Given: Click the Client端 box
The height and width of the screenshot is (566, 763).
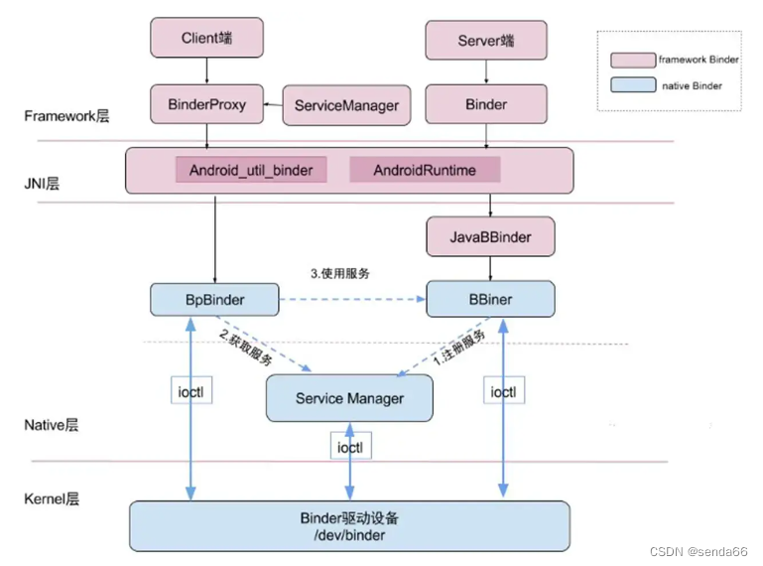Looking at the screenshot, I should (x=207, y=39).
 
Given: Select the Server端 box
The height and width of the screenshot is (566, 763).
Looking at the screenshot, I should (x=486, y=41).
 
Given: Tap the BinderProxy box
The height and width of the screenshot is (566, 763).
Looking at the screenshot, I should (x=207, y=104).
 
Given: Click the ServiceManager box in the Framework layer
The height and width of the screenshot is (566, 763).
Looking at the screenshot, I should (x=347, y=105).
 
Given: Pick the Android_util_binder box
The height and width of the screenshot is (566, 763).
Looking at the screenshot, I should (x=252, y=170).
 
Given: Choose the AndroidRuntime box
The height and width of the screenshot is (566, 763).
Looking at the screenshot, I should (x=425, y=170).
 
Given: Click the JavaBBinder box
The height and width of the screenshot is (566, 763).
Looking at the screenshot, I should (x=490, y=237).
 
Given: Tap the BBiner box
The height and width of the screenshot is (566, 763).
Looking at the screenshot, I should (x=490, y=298).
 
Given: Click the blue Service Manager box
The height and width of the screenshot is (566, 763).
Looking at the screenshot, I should (x=349, y=398).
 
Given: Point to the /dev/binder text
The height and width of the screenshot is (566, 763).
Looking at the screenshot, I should (x=349, y=535).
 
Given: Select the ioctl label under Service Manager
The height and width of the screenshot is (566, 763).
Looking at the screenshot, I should (x=348, y=447).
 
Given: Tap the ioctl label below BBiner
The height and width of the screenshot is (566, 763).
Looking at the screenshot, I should (x=503, y=392).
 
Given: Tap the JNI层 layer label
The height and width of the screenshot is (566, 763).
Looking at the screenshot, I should (x=41, y=184).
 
